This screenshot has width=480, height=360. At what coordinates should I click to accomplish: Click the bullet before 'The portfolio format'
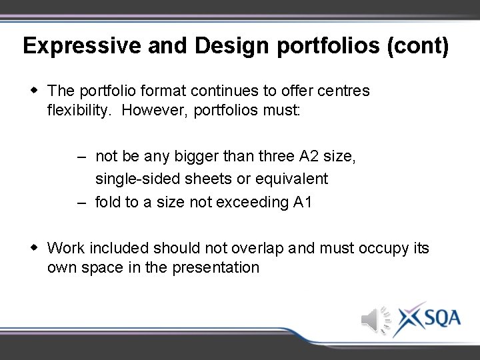pyautogui.click(x=33, y=89)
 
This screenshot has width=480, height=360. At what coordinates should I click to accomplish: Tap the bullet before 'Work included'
pyautogui.click(x=33, y=248)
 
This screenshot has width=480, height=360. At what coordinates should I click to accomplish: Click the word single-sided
pyautogui.click(x=134, y=179)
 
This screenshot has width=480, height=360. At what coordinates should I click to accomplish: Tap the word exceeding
pyautogui.click(x=253, y=202)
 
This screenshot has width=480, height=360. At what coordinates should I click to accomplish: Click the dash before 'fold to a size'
pyautogui.click(x=81, y=202)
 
